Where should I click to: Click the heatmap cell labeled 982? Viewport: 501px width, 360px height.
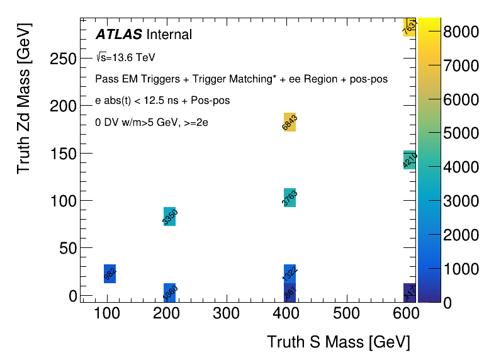click(x=110, y=274)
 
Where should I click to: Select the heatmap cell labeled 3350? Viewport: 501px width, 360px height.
click(x=169, y=217)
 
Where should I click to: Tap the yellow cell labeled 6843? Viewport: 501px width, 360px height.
click(x=290, y=122)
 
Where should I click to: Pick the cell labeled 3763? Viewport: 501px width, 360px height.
click(x=290, y=198)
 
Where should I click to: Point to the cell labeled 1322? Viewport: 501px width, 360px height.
click(x=290, y=274)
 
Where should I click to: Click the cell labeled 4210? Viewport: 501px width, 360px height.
click(x=409, y=160)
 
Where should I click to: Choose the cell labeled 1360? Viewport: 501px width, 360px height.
click(x=169, y=292)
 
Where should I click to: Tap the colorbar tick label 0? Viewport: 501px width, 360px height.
click(x=448, y=303)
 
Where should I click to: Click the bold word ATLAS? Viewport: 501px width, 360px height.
click(x=119, y=34)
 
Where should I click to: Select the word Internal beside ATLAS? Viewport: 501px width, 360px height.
click(x=169, y=34)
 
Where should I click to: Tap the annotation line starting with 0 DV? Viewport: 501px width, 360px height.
click(x=152, y=122)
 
